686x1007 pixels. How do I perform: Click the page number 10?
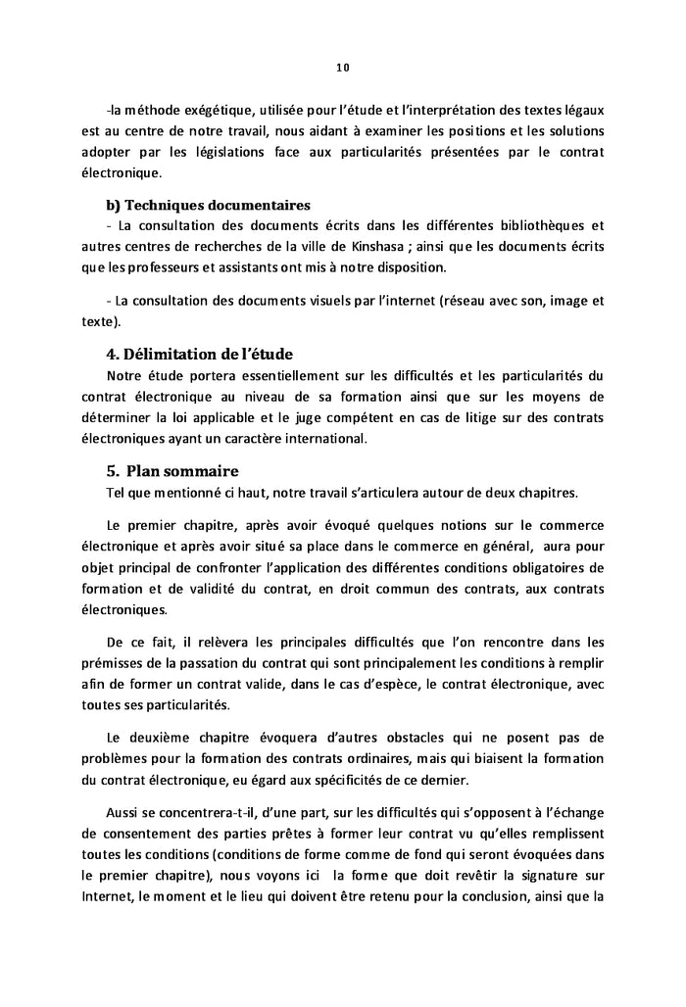point(342,68)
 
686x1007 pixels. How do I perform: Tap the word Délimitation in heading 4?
point(174,355)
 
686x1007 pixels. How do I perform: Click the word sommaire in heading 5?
point(201,471)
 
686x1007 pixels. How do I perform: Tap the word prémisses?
point(113,662)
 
